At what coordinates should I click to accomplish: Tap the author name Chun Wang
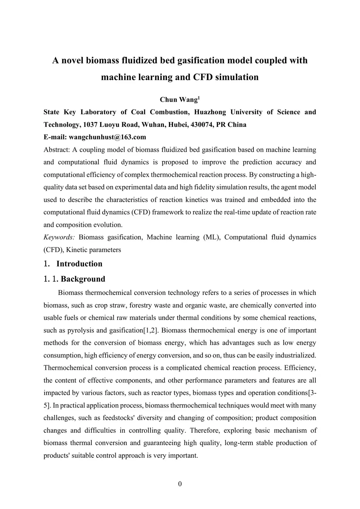[179, 100]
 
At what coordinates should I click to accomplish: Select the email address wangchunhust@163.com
[107, 137]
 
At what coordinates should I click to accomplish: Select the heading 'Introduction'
[79, 264]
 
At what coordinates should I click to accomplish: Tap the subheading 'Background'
[83, 279]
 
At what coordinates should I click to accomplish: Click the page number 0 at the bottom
[180, 484]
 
